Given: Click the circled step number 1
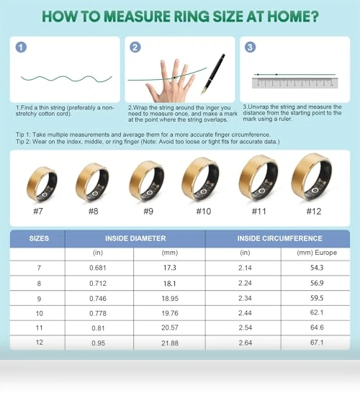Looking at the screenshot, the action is coord(21,48).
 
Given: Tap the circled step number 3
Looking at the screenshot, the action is coord(250,48).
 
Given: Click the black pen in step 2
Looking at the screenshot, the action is coord(213,74).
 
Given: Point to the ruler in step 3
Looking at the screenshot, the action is coord(295,83).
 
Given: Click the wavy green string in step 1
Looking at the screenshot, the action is coord(66,78).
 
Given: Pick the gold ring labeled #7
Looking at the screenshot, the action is coord(42,184).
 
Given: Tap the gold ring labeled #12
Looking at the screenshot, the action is coord(312,178).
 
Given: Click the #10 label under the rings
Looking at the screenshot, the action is coord(204,212).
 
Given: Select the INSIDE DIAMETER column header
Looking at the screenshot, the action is coord(135,238).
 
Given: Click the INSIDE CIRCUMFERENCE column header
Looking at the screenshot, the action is coord(280,238).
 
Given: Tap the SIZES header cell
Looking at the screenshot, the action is coord(39,238).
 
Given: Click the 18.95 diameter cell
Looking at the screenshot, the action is coord(170,299).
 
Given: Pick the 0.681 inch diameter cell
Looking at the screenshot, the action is coord(98,268).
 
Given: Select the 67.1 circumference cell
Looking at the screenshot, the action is coord(317,343).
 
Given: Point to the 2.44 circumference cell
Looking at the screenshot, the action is coord(245,313).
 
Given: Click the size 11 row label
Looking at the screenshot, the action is coord(39,328).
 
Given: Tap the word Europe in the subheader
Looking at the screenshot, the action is coord(326,253).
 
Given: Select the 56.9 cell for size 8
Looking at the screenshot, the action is coord(317,283).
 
